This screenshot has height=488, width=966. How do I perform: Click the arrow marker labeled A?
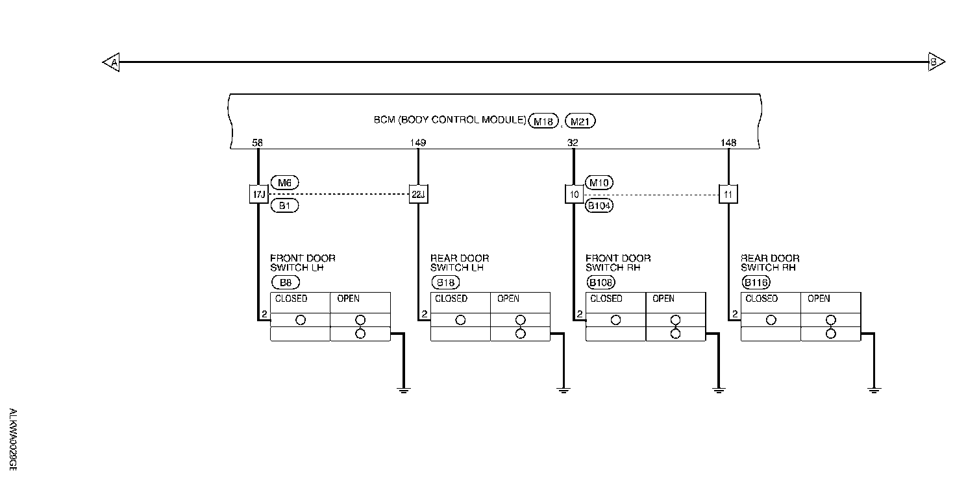[112, 62]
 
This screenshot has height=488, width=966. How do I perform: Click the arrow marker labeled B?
[935, 62]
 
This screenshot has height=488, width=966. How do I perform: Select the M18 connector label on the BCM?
[543, 121]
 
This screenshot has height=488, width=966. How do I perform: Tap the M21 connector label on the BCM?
[580, 121]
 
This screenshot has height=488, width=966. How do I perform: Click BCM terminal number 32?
[573, 143]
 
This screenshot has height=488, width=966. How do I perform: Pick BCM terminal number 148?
[728, 143]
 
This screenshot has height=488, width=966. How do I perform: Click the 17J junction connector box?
[258, 193]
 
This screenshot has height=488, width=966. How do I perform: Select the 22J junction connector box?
[419, 193]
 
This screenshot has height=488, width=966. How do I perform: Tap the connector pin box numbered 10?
[574, 193]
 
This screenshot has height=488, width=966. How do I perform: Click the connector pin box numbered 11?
[728, 193]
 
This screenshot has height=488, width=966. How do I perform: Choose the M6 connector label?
[284, 183]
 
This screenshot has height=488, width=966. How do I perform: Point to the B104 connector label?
[599, 206]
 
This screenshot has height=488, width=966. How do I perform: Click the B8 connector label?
[285, 282]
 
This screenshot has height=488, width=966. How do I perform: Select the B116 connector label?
[756, 282]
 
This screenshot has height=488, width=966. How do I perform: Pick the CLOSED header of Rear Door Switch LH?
[451, 299]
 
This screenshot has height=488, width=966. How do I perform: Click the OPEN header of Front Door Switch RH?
[663, 299]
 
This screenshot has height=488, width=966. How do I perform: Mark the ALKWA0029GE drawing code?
[13, 440]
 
